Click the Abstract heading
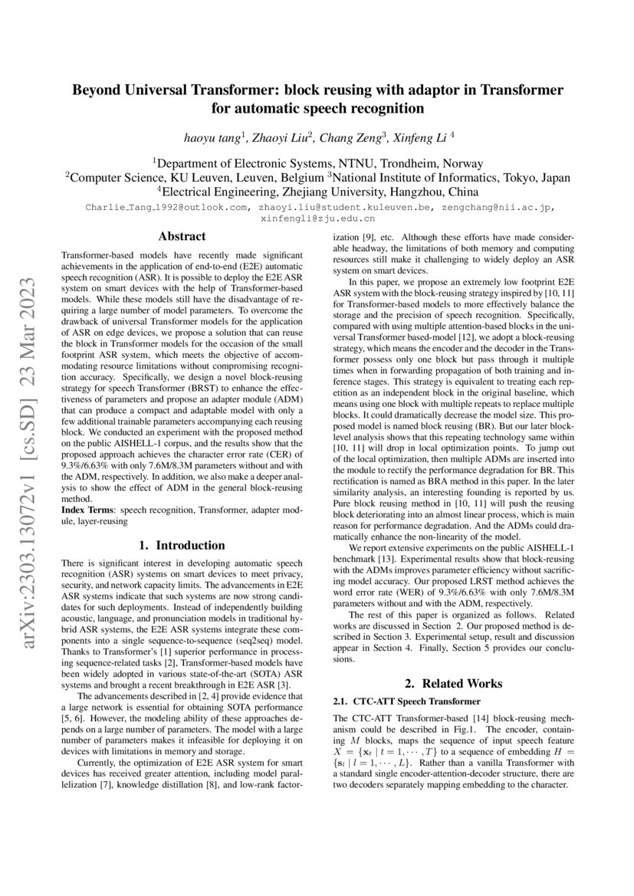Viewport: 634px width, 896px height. click(181, 237)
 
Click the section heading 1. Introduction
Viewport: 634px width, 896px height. click(181, 546)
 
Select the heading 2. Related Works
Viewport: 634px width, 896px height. click(453, 683)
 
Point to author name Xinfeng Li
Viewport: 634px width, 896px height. click(422, 139)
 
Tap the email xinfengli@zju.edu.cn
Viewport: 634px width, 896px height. click(317, 218)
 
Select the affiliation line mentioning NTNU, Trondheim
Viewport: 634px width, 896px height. click(317, 163)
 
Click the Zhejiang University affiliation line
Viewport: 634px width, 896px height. click(317, 192)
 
